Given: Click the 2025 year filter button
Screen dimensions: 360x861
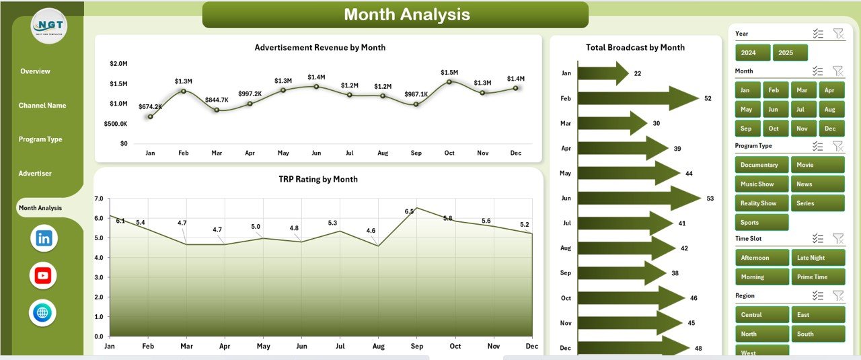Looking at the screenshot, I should click(790, 52).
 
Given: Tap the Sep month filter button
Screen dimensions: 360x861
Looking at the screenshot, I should click(747, 129).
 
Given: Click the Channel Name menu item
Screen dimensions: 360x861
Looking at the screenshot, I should click(42, 106).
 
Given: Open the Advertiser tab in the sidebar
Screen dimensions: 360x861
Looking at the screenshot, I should click(35, 174).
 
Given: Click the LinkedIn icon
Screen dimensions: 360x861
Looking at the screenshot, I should click(44, 238).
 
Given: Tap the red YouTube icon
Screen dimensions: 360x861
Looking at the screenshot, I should click(43, 275).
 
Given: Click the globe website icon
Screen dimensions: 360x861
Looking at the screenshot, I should click(43, 313).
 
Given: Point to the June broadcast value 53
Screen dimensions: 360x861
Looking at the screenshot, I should click(710, 199).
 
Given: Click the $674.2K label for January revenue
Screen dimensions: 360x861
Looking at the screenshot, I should click(150, 106).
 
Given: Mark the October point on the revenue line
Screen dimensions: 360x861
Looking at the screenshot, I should click(449, 81).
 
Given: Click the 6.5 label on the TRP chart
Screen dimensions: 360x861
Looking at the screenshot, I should click(410, 211).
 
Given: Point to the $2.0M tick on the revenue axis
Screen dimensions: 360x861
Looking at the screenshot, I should click(118, 64).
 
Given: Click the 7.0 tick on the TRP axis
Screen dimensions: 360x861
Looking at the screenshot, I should click(99, 199).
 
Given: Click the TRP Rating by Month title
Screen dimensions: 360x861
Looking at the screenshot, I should click(318, 179).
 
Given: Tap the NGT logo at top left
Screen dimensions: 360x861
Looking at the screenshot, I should click(48, 26).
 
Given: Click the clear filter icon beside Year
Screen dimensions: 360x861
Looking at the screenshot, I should click(837, 34).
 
